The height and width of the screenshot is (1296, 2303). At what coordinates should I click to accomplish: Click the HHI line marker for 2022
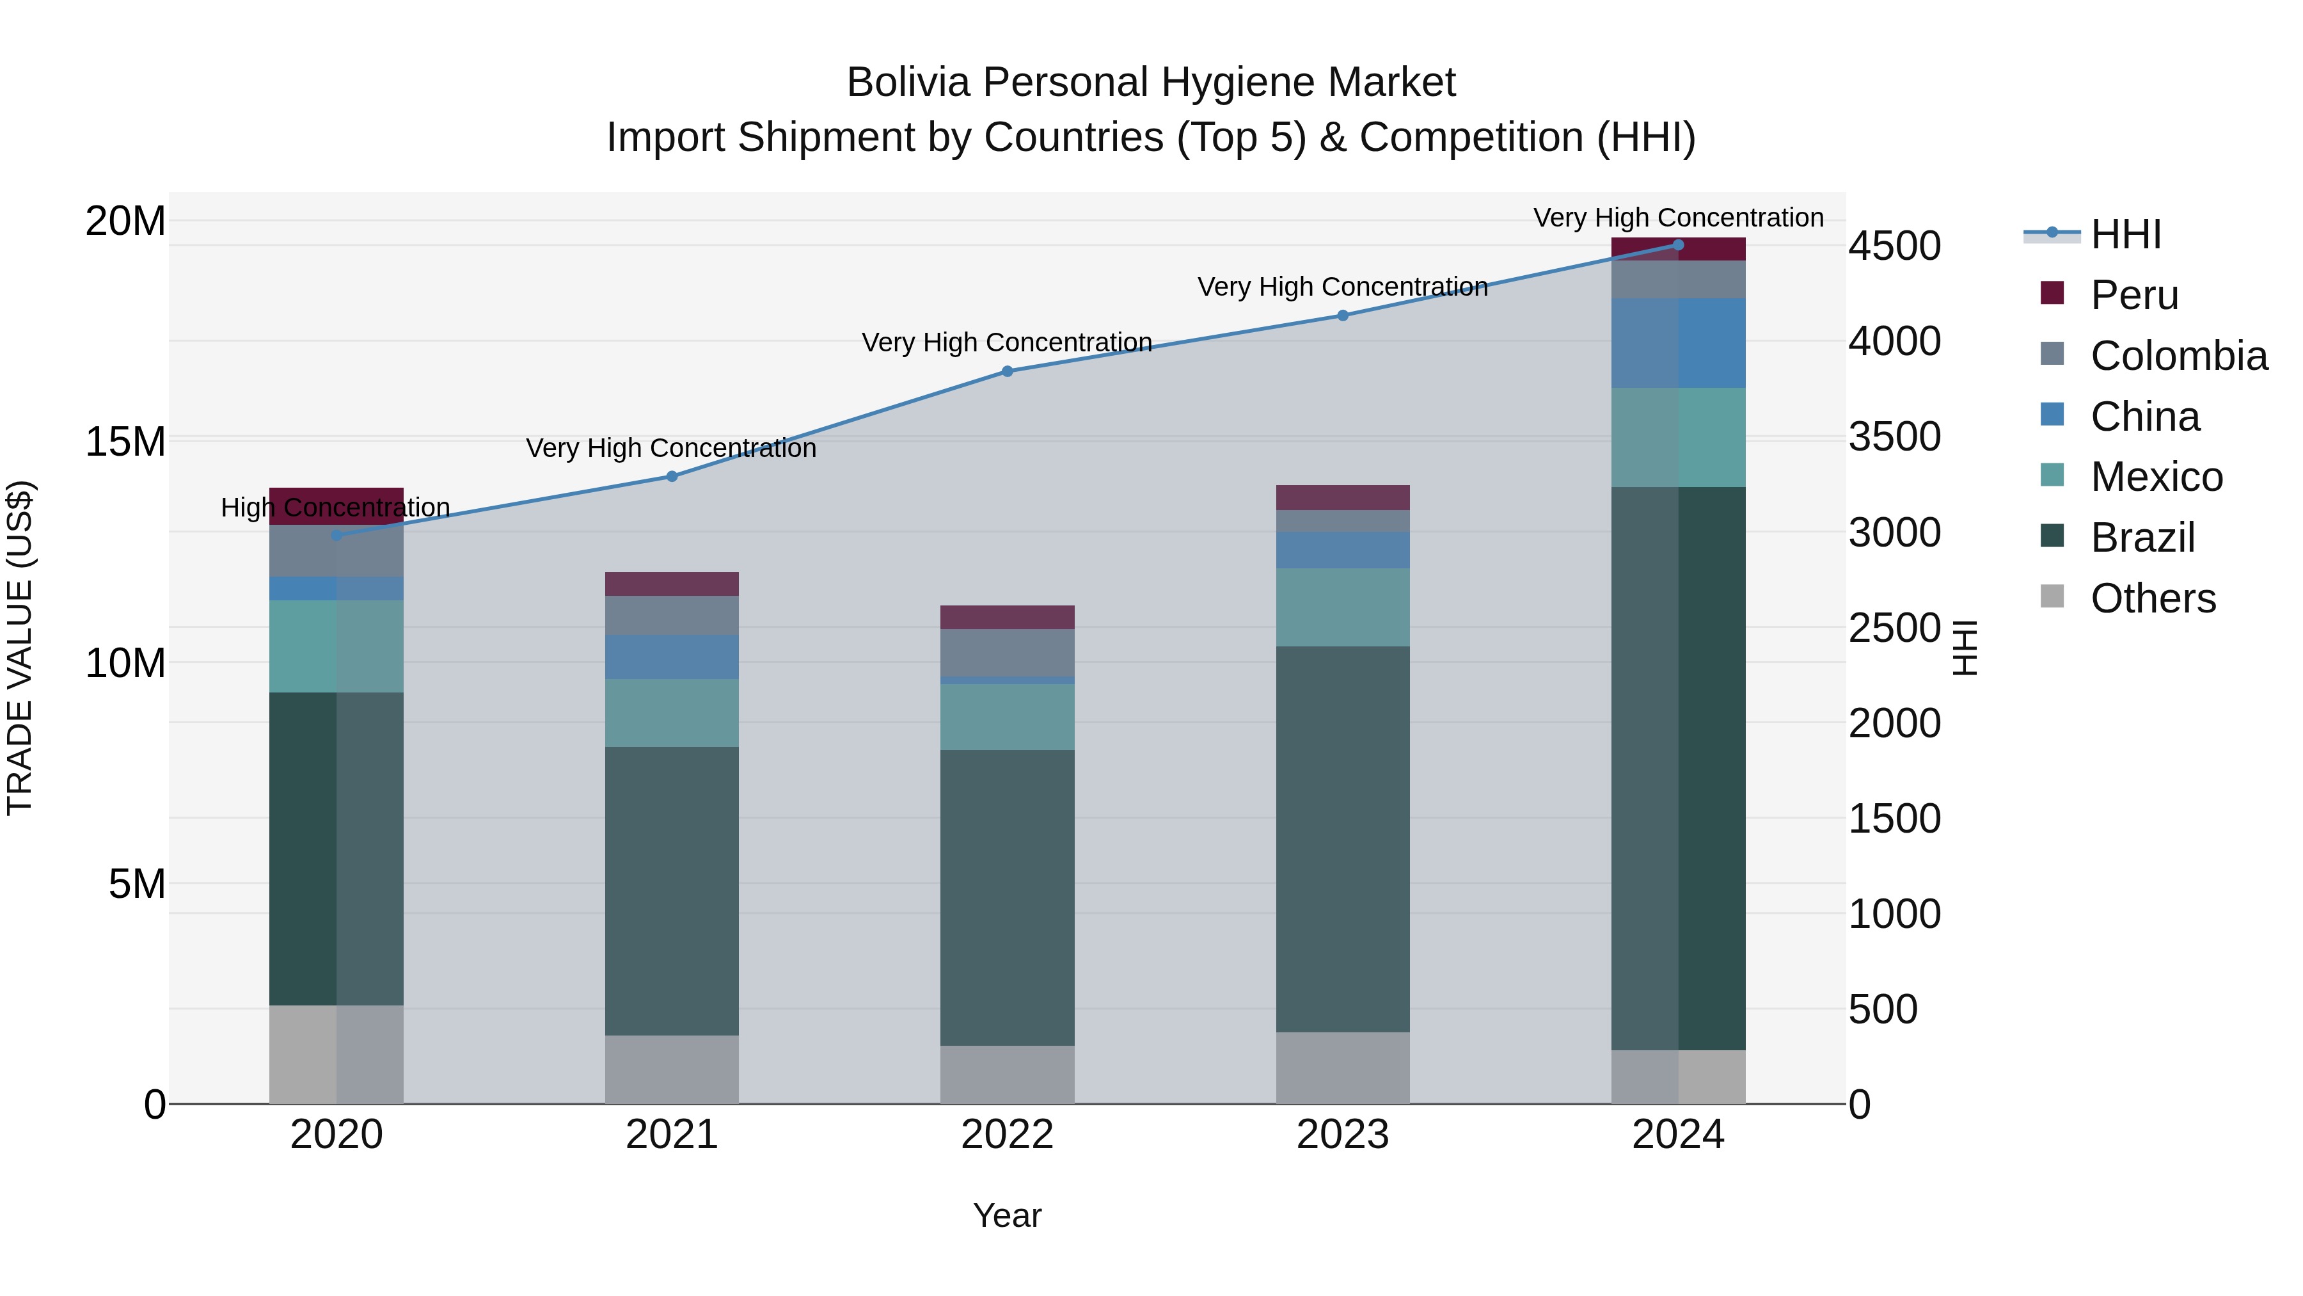pyautogui.click(x=1007, y=371)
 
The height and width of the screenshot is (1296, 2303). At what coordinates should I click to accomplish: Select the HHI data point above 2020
pyautogui.click(x=336, y=535)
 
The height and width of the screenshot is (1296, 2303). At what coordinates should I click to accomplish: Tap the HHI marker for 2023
pyautogui.click(x=1342, y=315)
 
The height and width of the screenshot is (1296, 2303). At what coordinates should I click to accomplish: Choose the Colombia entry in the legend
pyautogui.click(x=2178, y=356)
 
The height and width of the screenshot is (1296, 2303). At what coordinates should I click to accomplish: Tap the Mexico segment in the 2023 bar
pyautogui.click(x=1342, y=607)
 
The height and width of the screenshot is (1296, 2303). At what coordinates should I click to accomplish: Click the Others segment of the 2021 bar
pyautogui.click(x=672, y=1069)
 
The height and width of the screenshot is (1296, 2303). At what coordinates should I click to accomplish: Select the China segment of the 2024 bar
pyautogui.click(x=1677, y=342)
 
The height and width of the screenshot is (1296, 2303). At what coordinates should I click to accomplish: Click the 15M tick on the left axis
pyautogui.click(x=125, y=442)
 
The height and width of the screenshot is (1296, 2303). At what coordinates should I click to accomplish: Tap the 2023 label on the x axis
pyautogui.click(x=1342, y=1135)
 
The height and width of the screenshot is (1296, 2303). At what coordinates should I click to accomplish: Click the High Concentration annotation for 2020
pyautogui.click(x=335, y=507)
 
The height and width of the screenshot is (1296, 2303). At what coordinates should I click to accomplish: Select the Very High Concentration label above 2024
pyautogui.click(x=1677, y=218)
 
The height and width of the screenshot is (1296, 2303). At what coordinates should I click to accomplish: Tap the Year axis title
pyautogui.click(x=1007, y=1215)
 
